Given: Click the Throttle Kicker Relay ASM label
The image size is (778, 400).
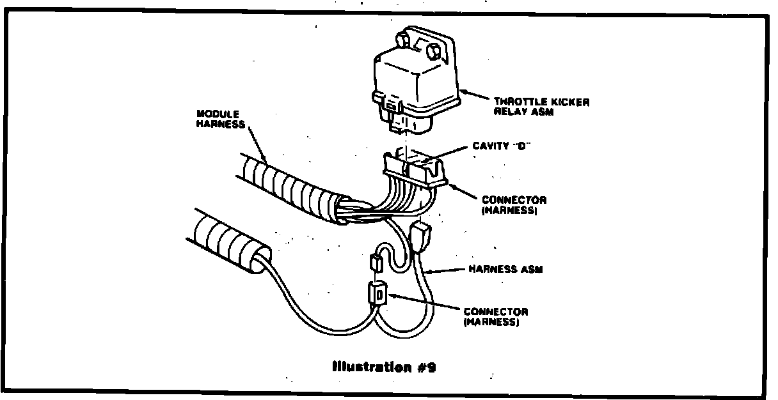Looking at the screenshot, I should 541,107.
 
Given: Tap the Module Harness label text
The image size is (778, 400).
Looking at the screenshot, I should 221,119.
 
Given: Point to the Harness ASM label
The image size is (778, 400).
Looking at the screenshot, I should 505,269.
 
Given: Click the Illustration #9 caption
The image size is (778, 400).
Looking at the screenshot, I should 384,367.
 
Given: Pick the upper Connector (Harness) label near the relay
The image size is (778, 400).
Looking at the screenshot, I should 514,204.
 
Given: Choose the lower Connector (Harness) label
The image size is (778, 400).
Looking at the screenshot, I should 496,317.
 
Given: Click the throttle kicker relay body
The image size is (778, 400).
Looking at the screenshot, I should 416,83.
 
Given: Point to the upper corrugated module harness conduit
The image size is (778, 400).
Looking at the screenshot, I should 288,185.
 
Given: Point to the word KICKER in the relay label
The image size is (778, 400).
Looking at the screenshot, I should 569,102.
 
